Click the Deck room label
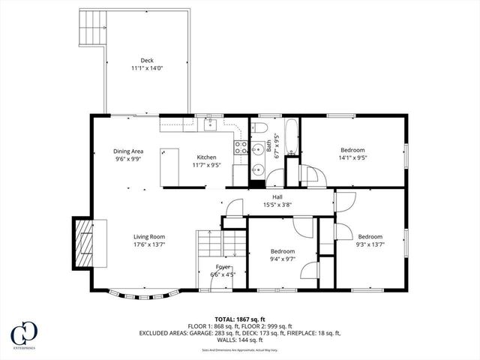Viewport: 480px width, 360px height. point(146,61)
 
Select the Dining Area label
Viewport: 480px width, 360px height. point(128,151)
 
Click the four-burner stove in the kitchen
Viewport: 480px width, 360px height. point(241,146)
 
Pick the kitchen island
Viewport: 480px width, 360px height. point(170,166)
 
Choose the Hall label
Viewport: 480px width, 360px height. point(277,196)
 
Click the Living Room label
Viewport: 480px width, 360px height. point(149,236)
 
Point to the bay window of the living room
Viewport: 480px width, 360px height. point(142,292)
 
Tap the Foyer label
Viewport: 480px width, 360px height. point(223,266)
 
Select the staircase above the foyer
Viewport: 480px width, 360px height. point(221,244)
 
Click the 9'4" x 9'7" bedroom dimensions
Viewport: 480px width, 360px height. point(283,259)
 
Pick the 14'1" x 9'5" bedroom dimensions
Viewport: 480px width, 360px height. point(352,157)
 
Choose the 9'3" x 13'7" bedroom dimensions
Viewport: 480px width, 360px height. point(370,244)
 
